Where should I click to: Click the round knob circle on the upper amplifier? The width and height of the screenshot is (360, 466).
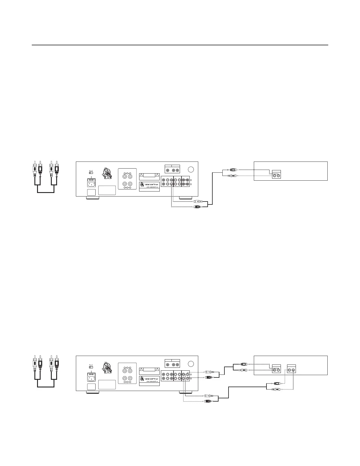point(191,169)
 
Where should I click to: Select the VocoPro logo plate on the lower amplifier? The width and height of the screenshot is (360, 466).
point(149,379)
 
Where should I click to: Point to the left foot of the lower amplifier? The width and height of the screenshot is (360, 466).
point(92,392)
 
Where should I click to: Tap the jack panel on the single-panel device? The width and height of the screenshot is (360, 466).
point(276,174)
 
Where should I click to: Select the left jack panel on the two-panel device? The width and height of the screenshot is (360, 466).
point(276,369)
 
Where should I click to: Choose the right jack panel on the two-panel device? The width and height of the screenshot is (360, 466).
point(291,369)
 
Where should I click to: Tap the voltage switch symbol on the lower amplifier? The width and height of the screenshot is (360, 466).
point(91,367)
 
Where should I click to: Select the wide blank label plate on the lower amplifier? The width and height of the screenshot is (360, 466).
point(107,385)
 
